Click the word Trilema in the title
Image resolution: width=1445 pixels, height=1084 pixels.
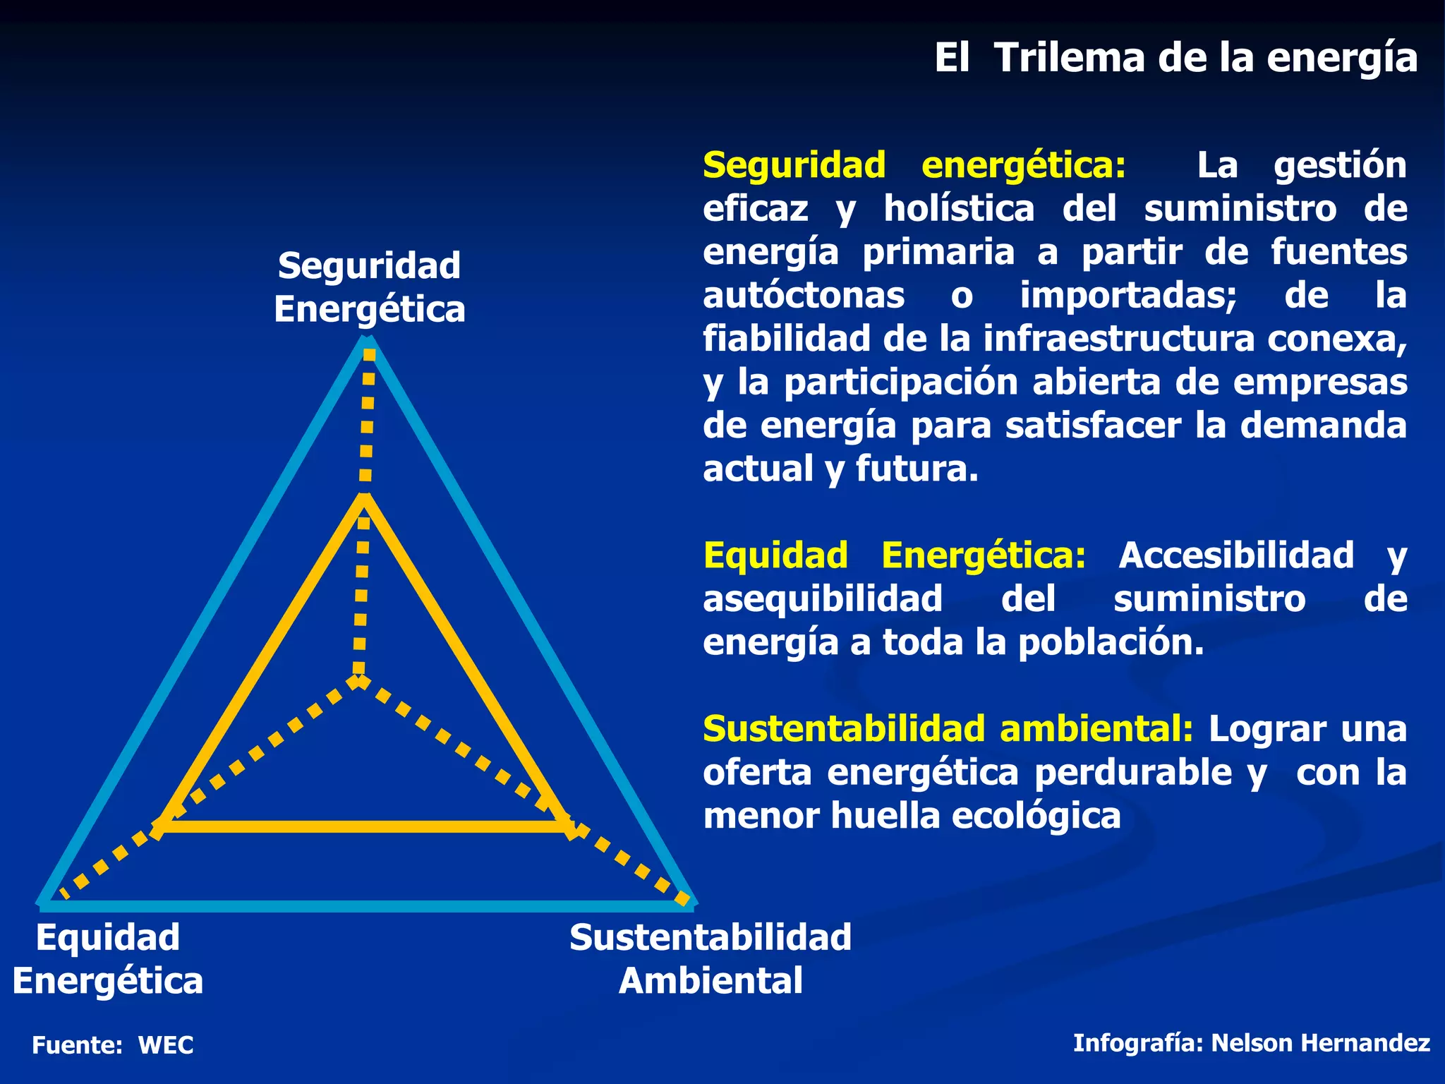1070,58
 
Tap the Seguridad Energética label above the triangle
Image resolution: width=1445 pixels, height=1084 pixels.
369,287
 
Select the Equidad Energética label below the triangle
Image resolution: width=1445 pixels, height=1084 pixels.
108,958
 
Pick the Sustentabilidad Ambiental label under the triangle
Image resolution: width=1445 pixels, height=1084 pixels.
711,958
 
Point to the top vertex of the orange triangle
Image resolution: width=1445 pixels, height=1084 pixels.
364,498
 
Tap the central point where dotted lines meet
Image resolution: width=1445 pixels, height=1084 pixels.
359,680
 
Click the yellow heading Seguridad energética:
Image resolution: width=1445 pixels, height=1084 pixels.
914,166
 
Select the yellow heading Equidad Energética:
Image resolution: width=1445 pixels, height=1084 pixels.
895,556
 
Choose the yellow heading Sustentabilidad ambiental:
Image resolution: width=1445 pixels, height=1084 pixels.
948,730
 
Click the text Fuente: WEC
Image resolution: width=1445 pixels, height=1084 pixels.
113,1045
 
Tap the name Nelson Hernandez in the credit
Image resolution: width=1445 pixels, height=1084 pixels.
1320,1043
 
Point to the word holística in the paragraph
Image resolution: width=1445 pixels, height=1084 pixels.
959,210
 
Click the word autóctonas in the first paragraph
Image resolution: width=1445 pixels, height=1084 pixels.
804,296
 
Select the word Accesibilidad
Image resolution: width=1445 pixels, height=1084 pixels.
1236,556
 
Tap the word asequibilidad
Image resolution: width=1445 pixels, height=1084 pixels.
823,600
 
